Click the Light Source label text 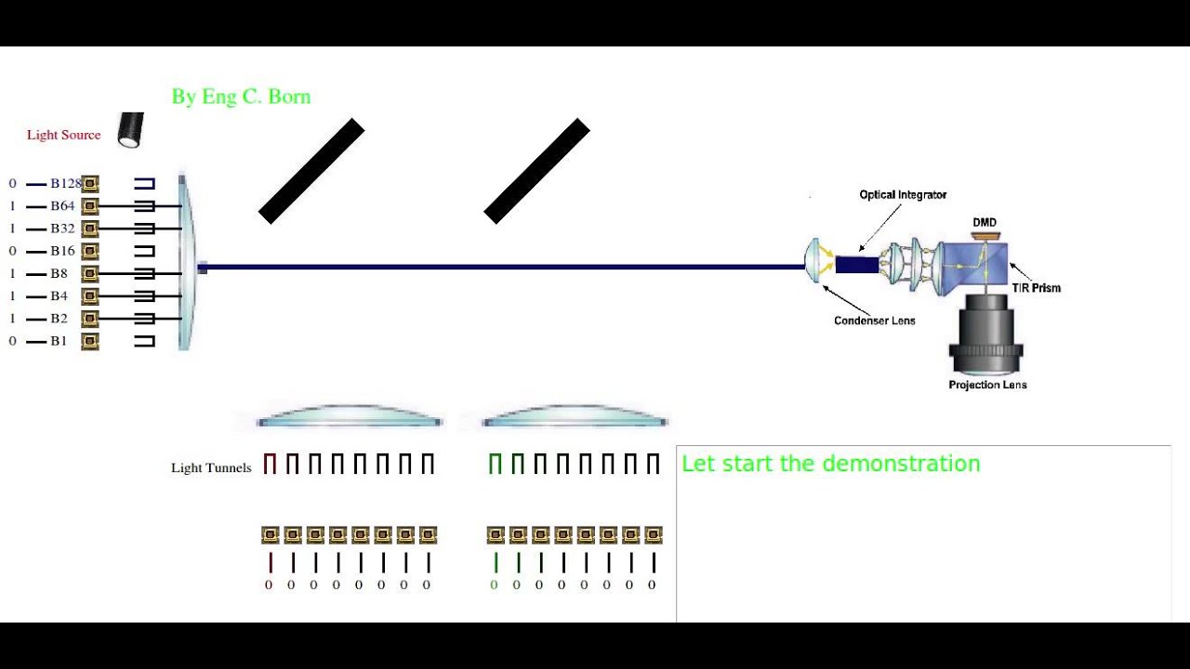(x=63, y=135)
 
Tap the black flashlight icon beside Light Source (x=131, y=130)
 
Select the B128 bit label (x=65, y=184)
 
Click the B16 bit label (x=62, y=251)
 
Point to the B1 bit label (x=59, y=341)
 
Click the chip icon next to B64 (x=90, y=206)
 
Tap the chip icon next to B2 (x=90, y=319)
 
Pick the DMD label (x=985, y=223)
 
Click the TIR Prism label (x=1036, y=288)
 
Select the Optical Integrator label (x=903, y=195)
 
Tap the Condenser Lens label (x=874, y=321)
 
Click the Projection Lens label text (x=987, y=385)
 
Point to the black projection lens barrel (x=985, y=334)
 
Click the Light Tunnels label (x=211, y=467)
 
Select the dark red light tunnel (x=270, y=464)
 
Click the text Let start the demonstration (x=830, y=464)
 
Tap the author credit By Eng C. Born (x=241, y=97)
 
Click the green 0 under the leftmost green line (x=494, y=585)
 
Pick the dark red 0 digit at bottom (x=269, y=585)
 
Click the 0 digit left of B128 (x=12, y=184)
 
